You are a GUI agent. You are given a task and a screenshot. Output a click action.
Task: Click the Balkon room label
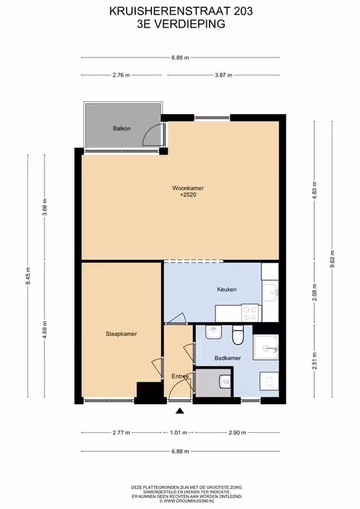pyautogui.click(x=122, y=129)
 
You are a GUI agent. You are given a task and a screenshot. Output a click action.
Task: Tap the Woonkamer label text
pyautogui.click(x=188, y=188)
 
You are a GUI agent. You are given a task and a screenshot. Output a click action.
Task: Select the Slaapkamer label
pyautogui.click(x=121, y=334)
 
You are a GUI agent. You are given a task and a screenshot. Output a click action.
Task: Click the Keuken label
pyautogui.click(x=227, y=289)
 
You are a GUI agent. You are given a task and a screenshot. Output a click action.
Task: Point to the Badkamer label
pyautogui.click(x=227, y=358)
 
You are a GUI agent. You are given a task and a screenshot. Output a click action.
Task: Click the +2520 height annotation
pyautogui.click(x=188, y=195)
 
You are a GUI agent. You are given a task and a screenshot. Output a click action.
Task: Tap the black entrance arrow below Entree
pyautogui.click(x=180, y=411)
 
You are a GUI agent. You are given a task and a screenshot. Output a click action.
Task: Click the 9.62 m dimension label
pyautogui.click(x=332, y=259)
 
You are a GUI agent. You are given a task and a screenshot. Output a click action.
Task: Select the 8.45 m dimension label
pyautogui.click(x=28, y=276)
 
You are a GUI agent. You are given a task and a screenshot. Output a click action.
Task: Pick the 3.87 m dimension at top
pyautogui.click(x=223, y=75)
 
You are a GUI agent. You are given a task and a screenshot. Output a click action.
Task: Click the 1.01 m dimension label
pyautogui.click(x=178, y=432)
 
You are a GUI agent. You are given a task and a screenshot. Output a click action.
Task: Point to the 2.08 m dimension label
pyautogui.click(x=314, y=292)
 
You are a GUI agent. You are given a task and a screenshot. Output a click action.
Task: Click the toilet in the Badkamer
pyautogui.click(x=238, y=335)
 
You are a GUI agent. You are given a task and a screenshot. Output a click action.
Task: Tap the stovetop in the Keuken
pyautogui.click(x=251, y=313)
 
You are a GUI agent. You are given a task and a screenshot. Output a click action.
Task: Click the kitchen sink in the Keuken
pyautogui.click(x=270, y=292)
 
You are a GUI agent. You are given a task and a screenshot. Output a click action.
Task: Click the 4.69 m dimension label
pyautogui.click(x=45, y=329)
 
